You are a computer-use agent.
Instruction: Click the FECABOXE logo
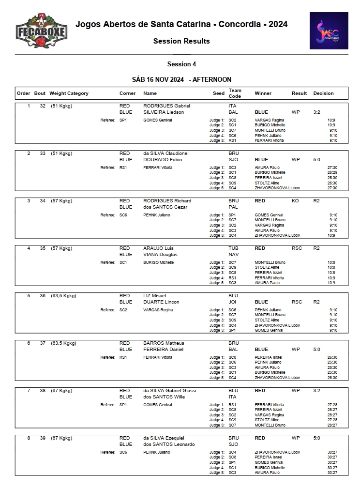(41, 31)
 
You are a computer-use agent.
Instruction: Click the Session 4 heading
(181, 64)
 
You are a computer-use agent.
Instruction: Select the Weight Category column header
(69, 93)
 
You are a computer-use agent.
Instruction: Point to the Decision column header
(323, 93)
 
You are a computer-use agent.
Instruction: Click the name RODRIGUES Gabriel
(166, 106)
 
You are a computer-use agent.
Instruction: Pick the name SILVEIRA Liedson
(164, 112)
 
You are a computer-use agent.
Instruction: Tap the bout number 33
(43, 153)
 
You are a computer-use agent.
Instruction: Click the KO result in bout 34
(295, 200)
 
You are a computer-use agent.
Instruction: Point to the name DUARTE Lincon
(161, 302)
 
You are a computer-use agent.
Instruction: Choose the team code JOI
(232, 302)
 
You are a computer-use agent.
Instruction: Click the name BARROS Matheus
(162, 343)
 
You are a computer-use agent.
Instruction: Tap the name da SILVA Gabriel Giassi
(169, 390)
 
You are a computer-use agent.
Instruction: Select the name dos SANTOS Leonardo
(169, 444)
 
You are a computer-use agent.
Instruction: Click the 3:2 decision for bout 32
(317, 112)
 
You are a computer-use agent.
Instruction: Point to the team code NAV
(233, 254)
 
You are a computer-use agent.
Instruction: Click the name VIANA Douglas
(160, 254)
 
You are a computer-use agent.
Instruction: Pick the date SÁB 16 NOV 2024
(157, 79)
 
